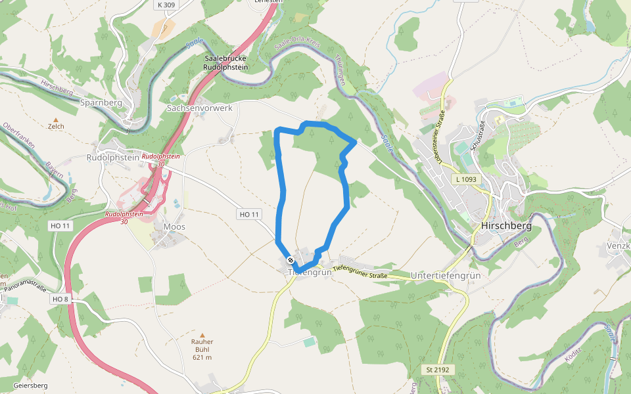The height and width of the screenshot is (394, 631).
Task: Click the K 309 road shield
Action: coord(166,5)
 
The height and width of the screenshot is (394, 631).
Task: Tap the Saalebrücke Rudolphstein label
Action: coord(225,63)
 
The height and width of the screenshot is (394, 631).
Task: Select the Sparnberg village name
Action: coord(101,103)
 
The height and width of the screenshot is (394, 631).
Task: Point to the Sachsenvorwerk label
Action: coord(200,108)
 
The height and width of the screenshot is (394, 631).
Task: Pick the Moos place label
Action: coord(174,227)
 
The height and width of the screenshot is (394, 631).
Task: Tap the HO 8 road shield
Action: coord(60,299)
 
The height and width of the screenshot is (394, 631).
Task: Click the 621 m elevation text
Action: coord(202,358)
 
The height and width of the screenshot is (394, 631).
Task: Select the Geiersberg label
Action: coord(30,385)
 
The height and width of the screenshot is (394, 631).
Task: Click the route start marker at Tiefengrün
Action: coord(291,259)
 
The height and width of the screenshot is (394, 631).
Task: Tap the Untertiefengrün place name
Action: coord(446,275)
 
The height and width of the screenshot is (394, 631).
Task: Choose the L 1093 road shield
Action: coord(467,179)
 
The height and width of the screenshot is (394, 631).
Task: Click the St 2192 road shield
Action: coord(437,370)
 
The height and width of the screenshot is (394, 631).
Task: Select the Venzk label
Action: coord(619,246)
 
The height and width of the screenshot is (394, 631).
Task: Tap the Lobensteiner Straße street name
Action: coord(436,125)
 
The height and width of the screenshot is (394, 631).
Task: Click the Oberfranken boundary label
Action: coord(17,135)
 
